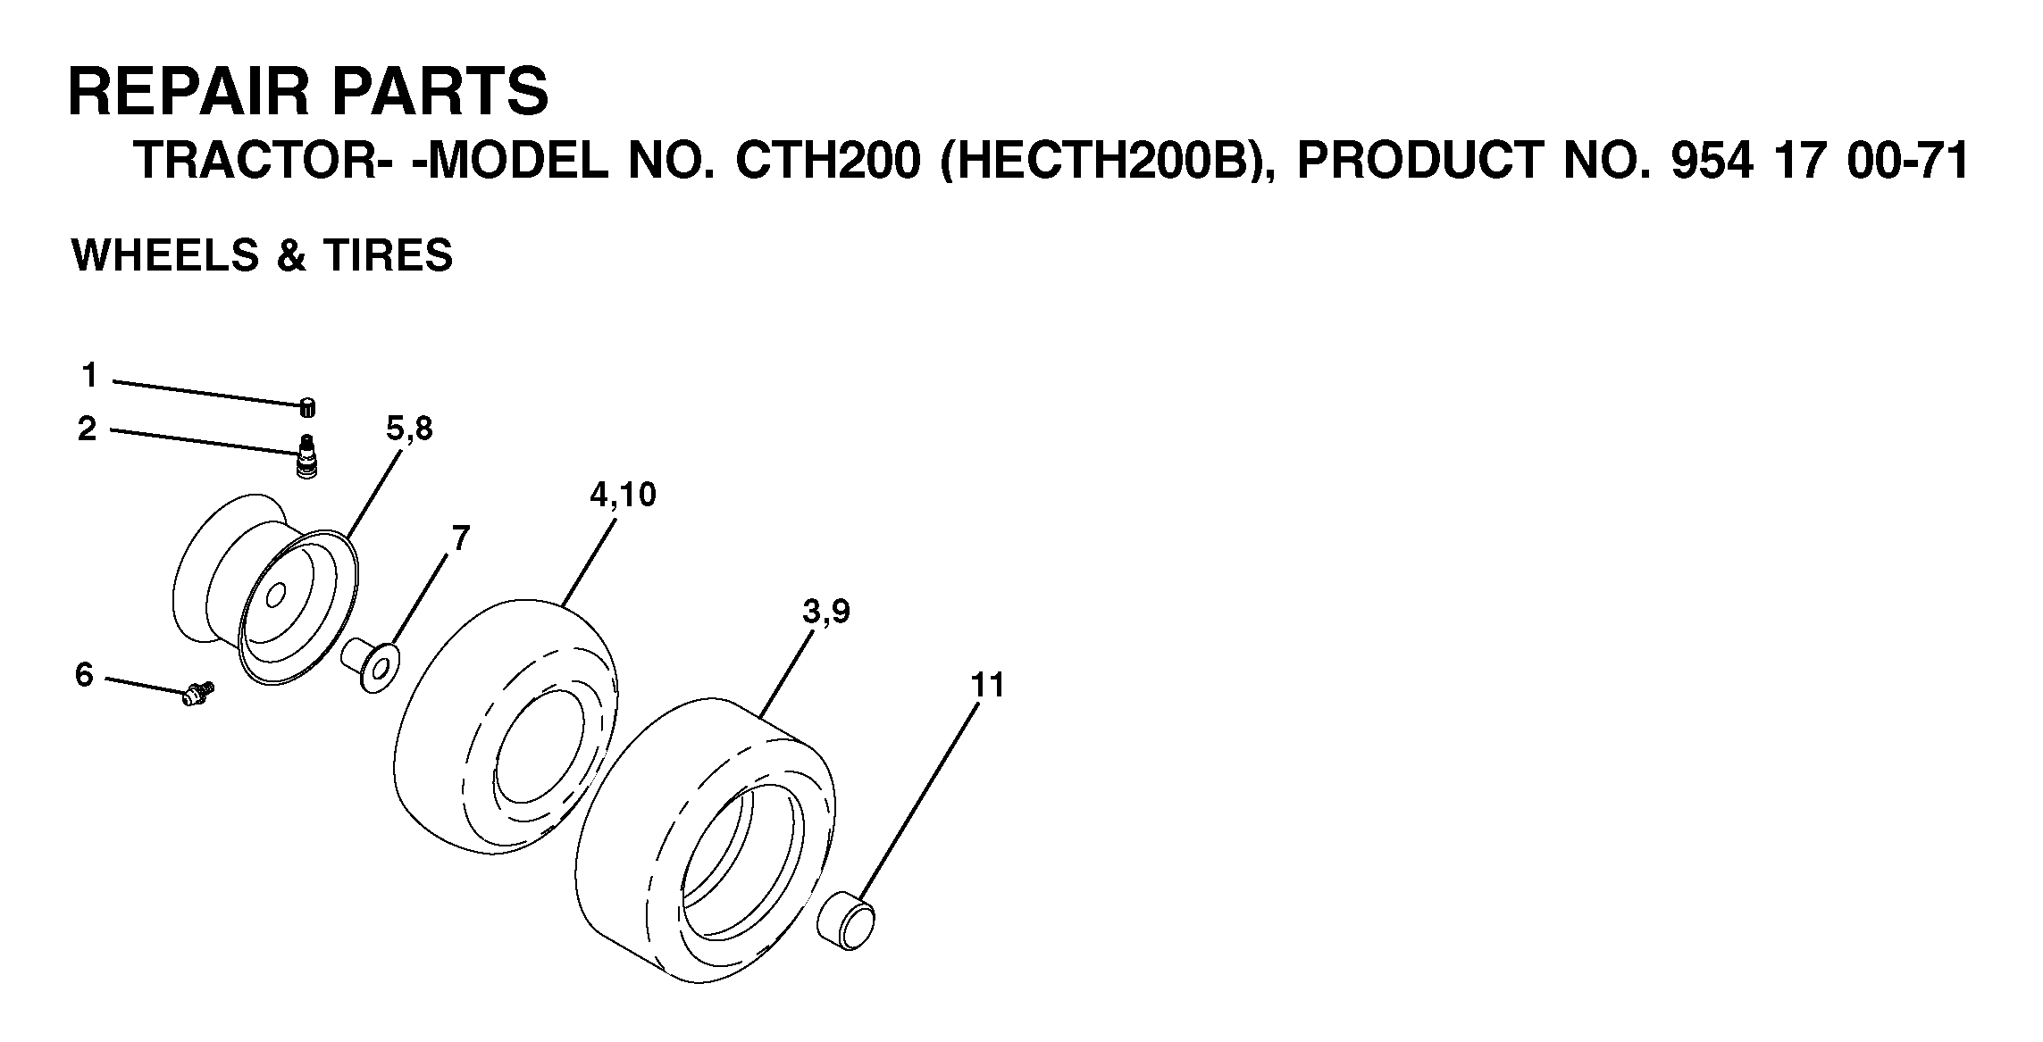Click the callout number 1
[88, 376]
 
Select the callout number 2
[87, 429]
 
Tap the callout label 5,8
[409, 429]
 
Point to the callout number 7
[460, 538]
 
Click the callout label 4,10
[623, 494]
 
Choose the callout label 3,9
[826, 613]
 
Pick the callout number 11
[987, 686]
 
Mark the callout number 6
[84, 675]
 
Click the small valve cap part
[307, 406]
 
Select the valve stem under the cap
[307, 457]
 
